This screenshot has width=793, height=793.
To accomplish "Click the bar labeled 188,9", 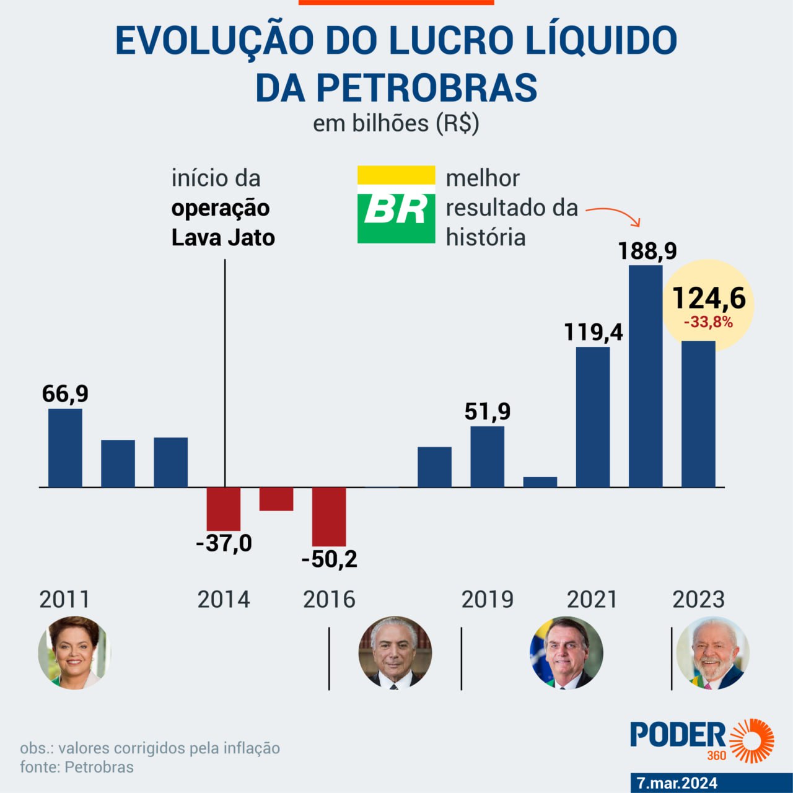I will [x=646, y=376].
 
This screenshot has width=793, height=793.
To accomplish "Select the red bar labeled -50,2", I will [x=329, y=516].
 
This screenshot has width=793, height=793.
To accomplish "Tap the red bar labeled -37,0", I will [x=224, y=509].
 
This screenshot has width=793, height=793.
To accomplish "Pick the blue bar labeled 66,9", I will [x=65, y=447].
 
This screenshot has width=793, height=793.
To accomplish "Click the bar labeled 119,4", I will [x=593, y=416].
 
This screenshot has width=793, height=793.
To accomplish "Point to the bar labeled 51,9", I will [x=487, y=457].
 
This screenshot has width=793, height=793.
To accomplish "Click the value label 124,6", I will [x=709, y=298].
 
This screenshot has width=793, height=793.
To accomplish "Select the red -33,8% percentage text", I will [x=708, y=322].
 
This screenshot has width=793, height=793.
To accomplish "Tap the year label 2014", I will [x=224, y=600].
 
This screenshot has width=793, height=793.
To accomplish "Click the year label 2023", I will [x=698, y=600].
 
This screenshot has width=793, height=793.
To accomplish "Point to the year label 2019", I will [x=487, y=600].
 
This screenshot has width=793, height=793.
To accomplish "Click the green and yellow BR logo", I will [x=396, y=204].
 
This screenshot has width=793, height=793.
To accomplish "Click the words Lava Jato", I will [x=223, y=237].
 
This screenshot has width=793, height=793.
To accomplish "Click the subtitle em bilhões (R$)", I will [x=396, y=123].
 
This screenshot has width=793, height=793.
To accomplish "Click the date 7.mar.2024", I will [x=677, y=783].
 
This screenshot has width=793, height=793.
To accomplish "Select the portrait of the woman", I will [x=74, y=652].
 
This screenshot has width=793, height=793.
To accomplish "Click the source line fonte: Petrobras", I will [x=77, y=767].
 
